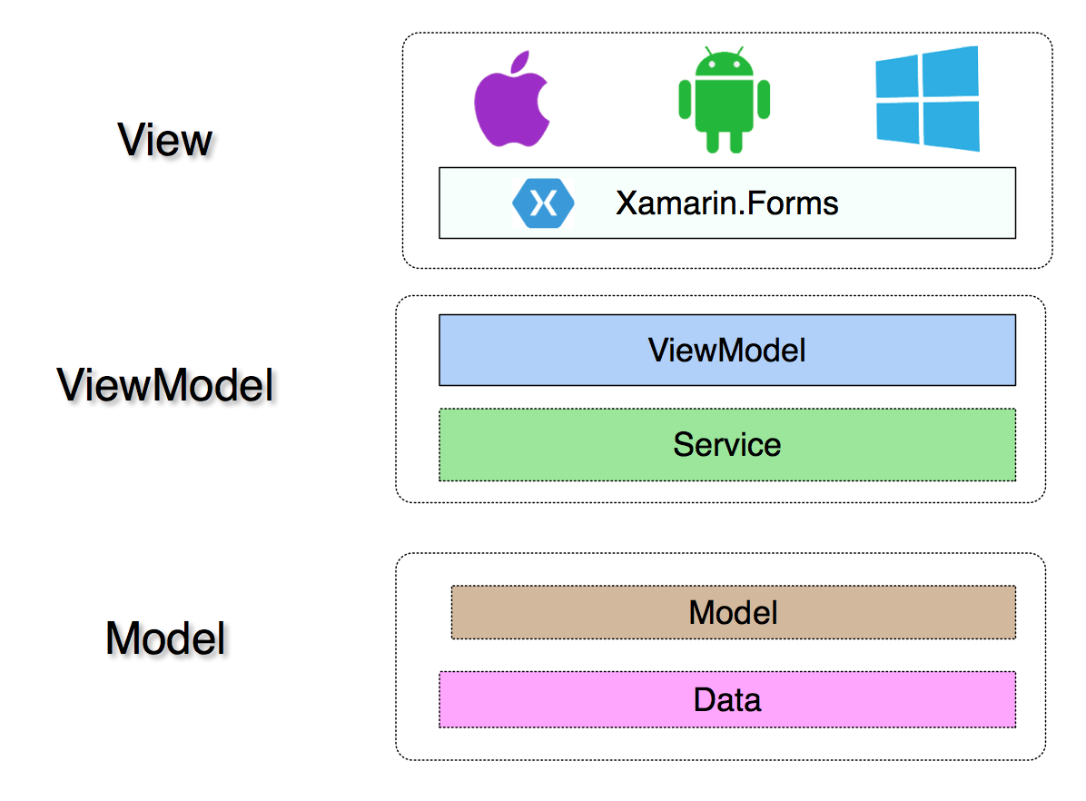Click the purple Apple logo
511,104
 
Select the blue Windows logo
927,98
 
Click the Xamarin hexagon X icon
543,203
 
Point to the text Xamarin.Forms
727,203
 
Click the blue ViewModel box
727,350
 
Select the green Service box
727,445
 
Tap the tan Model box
734,612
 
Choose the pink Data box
727,700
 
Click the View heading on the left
165,140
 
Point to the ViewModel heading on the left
165,385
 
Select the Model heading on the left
165,638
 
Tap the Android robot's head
724,64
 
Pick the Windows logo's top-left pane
897,77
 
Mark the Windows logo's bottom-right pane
951,126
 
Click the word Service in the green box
727,445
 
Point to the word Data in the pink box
727,700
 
